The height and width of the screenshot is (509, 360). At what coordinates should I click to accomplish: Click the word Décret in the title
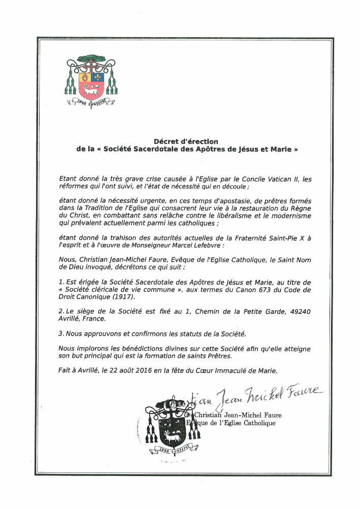pos(165,141)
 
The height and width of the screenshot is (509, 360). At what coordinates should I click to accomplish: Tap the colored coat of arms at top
pos(91,80)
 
